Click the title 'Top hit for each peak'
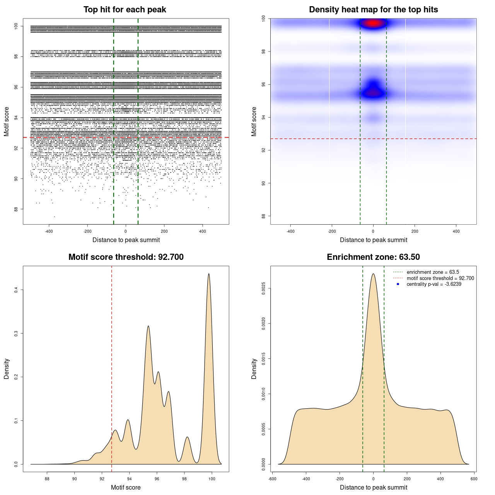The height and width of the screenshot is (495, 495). coord(125,10)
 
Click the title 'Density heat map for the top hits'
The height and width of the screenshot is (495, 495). coord(373,10)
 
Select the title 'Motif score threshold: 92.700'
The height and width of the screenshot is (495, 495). coord(126,257)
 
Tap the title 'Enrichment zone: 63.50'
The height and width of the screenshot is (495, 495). coord(373,257)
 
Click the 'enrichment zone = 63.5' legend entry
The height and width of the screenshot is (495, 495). coord(433,272)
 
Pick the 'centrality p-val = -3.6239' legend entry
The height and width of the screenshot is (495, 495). coord(434,284)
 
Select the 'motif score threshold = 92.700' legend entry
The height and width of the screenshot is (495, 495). coord(440,278)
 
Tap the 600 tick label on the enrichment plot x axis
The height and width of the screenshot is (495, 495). coord(474,479)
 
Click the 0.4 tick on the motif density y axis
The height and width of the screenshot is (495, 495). coord(16,290)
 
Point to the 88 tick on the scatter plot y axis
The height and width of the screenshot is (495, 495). coord(16,209)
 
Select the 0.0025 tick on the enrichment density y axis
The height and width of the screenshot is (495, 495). coord(263,288)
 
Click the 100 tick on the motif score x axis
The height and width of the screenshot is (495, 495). coord(212,479)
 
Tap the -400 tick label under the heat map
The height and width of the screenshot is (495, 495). coord(290,231)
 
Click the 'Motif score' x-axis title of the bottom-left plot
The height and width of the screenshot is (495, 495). coord(126,487)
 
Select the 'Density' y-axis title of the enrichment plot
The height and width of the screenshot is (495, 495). coord(254,369)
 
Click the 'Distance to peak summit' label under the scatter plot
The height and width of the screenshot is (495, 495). coord(126,240)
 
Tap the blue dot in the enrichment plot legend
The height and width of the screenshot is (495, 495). coord(398,284)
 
